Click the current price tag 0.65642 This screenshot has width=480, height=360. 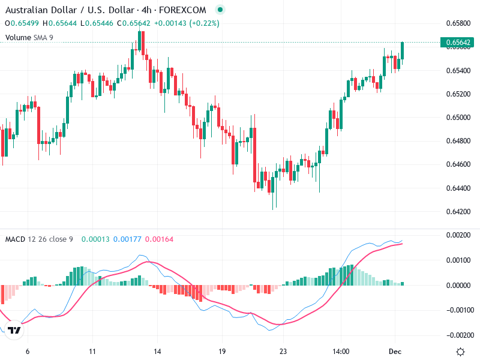[458, 43]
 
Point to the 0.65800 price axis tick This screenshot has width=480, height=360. [458, 23]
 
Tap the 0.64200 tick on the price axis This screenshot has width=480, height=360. [458, 212]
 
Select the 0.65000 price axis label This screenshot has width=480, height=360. [458, 118]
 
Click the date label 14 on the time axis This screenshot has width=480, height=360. [157, 352]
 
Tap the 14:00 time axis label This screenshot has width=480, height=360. [340, 352]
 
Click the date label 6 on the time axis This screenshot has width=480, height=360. [28, 352]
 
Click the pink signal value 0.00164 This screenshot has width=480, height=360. [159, 239]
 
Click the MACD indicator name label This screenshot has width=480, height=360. [15, 239]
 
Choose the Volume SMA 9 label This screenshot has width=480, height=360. [38, 37]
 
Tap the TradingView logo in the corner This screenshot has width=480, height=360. [15, 330]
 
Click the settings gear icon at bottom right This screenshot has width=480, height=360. [460, 352]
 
